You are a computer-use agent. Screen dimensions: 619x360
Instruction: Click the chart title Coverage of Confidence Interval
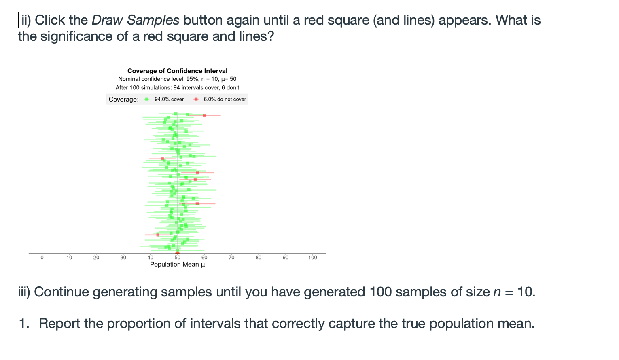coord(177,71)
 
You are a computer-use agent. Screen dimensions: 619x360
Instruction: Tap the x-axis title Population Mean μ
coord(178,265)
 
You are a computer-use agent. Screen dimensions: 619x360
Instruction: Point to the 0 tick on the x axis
coord(42,258)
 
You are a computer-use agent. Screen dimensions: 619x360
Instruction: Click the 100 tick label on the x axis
coord(313,258)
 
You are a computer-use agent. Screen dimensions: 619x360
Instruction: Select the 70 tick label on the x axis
coord(231,258)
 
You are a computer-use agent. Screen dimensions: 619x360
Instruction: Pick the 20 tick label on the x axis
coord(96,258)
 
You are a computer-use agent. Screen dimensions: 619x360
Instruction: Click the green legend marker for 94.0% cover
coord(147,99)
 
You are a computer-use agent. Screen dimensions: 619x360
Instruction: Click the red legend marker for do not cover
coord(196,99)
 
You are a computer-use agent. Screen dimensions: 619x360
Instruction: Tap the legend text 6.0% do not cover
coord(225,99)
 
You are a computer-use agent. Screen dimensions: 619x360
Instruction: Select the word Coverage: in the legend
coord(123,99)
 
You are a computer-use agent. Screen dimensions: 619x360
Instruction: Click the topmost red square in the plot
coord(204,116)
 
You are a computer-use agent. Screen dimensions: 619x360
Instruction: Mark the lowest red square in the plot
coord(158,235)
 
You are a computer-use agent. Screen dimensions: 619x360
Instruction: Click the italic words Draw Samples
coord(136,20)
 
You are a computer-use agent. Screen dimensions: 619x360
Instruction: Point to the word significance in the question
coord(76,37)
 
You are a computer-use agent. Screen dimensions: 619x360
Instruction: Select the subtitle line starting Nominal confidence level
coord(177,79)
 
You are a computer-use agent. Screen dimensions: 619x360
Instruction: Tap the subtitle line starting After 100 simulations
coord(177,88)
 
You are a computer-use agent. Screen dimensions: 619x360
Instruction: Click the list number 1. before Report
coord(24,323)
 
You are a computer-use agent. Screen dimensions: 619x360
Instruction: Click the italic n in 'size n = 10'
coord(497,292)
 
